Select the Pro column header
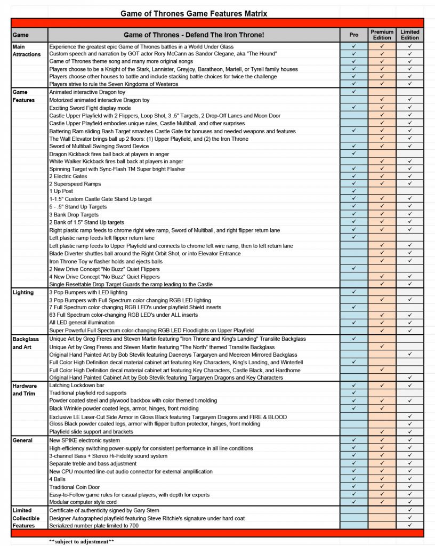[x=354, y=35]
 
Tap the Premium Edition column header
[x=383, y=35]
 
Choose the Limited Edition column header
[x=410, y=35]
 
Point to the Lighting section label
[x=23, y=292]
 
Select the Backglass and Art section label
[x=26, y=343]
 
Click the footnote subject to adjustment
[x=82, y=541]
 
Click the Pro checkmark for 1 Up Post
[x=354, y=191]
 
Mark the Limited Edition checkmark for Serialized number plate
[x=410, y=525]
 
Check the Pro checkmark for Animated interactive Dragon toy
[x=354, y=92]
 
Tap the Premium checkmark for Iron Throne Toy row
[x=383, y=261]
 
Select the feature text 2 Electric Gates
[x=68, y=176]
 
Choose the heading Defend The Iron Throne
[x=194, y=35]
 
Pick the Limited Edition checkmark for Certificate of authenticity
[x=410, y=510]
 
